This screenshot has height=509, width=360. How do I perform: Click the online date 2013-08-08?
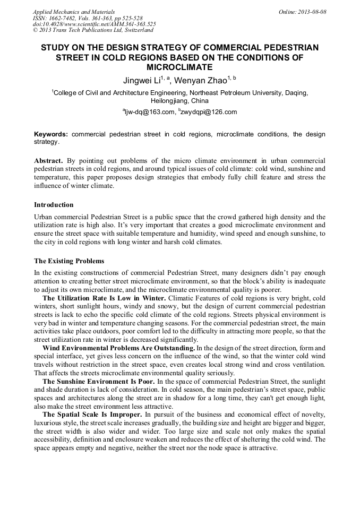pos(312,11)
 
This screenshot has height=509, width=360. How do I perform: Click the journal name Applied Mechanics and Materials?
pos(73,11)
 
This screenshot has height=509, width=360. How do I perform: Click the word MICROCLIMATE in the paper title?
pos(179,67)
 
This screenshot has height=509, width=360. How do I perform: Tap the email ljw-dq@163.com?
pos(150,112)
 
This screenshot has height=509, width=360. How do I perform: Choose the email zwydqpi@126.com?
pos(209,112)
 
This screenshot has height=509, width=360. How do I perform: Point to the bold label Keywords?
pos(51,134)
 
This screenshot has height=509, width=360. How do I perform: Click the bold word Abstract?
pos(48,160)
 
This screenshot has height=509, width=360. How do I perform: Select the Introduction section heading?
pos(54,205)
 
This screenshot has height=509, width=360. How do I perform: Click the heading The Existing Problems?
pos(69,261)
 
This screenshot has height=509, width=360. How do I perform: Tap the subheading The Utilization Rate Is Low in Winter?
pos(104,298)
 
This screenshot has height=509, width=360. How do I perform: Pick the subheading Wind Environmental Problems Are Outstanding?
pos(119,348)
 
